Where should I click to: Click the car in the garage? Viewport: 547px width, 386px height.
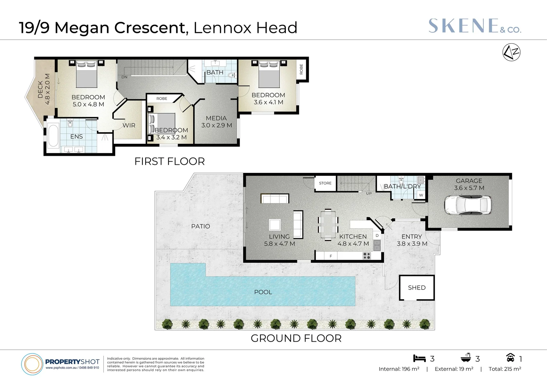468,205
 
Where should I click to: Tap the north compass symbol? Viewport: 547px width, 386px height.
511,53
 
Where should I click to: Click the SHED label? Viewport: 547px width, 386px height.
417,288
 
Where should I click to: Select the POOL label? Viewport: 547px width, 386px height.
263,292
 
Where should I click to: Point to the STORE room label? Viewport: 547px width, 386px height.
325,183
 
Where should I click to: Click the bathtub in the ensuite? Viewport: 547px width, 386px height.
53,135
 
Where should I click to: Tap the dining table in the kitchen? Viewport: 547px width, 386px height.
328,224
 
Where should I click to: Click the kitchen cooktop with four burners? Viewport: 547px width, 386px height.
367,256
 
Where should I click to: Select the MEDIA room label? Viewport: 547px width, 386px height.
216,118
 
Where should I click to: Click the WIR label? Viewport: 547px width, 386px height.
129,125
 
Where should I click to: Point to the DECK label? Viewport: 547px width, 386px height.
40,89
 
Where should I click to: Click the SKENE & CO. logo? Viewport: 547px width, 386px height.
474,26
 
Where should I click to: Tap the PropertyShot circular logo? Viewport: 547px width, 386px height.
32,364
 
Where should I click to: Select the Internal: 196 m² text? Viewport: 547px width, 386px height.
399,369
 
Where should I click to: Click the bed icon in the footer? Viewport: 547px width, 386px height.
419,358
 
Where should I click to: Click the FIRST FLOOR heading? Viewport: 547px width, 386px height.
170,162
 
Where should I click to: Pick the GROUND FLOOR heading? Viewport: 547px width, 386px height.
296,338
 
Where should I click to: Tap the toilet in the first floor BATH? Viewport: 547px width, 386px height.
232,75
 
